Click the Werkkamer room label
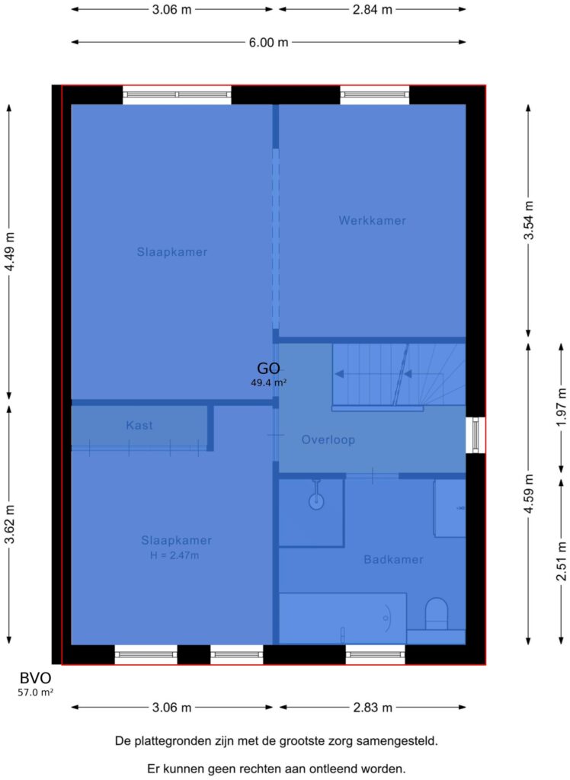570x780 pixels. [x=372, y=220]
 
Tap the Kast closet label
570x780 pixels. [x=139, y=425]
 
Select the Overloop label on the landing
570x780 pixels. [x=328, y=440]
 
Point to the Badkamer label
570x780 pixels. [x=393, y=560]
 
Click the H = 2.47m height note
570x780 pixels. [x=175, y=555]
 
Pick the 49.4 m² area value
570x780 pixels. [x=268, y=382]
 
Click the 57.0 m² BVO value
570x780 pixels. [x=35, y=692]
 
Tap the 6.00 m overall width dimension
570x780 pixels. [x=268, y=43]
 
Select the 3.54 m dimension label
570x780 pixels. [x=528, y=220]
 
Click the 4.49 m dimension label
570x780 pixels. [x=9, y=251]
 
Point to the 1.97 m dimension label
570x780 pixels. [x=561, y=407]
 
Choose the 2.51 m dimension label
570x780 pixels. [x=561, y=561]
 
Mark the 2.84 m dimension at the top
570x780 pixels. [x=373, y=9]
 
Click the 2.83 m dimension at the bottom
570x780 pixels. [x=373, y=708]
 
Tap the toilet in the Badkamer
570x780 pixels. [x=436, y=615]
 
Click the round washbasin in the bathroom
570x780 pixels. [x=316, y=501]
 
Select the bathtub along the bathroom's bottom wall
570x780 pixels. [x=342, y=619]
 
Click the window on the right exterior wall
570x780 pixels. [x=476, y=435]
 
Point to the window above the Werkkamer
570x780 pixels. [x=375, y=94]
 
